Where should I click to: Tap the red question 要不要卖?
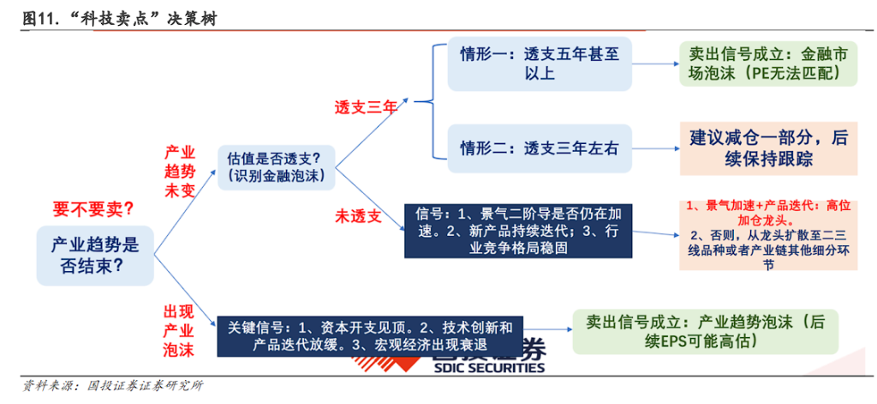92,210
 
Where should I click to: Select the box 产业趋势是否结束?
95,255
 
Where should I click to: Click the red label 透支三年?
366,107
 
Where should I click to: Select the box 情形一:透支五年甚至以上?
540,63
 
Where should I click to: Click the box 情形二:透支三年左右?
540,148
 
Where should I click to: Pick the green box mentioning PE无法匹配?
768,63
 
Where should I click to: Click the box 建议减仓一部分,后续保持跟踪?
768,148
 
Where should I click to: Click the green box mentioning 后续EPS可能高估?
706,331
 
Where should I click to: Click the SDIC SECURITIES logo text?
489,368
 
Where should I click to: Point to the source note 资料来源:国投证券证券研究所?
112,387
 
